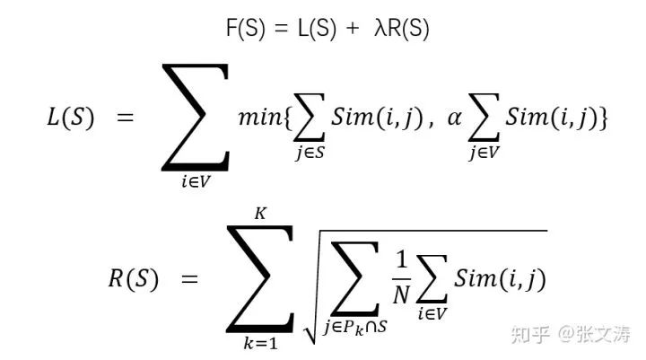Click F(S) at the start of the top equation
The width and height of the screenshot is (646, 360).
[245, 30]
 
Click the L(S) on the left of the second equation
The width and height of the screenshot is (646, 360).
[70, 119]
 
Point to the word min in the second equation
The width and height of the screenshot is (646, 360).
[259, 118]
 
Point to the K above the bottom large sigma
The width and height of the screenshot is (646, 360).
[260, 214]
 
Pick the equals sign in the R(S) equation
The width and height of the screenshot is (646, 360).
[189, 279]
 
